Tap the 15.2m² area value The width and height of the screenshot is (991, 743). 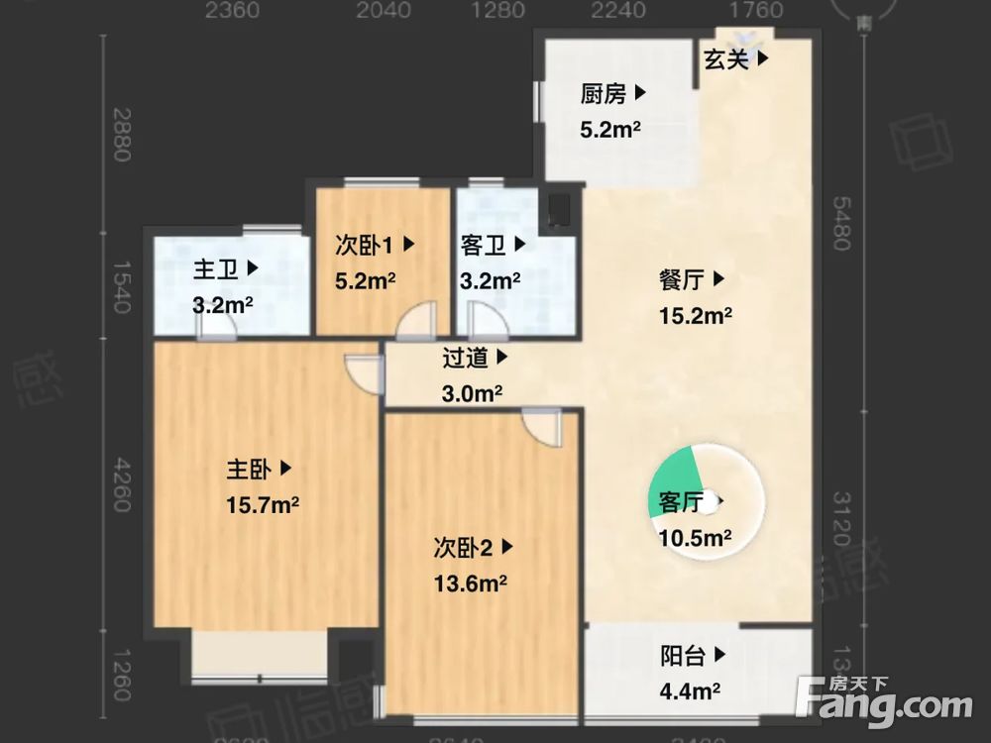(x=695, y=317)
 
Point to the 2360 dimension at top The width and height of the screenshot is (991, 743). (x=232, y=11)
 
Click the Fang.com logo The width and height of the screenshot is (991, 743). (x=884, y=702)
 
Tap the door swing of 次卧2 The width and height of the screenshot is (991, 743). (x=540, y=428)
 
